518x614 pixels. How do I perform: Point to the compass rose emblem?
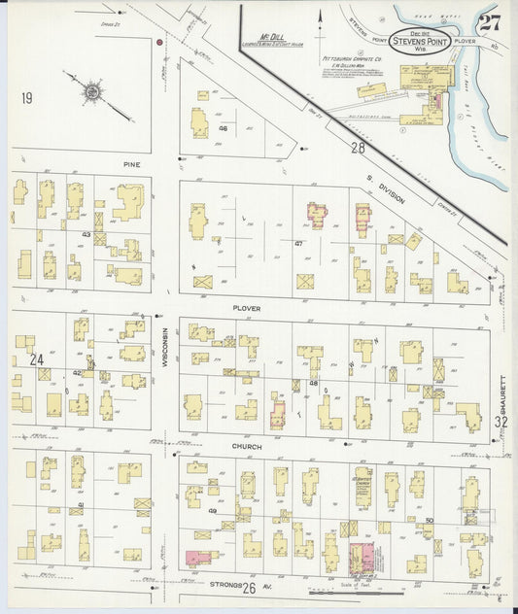(x=92, y=92)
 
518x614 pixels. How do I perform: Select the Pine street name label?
(x=131, y=164)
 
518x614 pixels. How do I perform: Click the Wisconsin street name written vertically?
(x=165, y=347)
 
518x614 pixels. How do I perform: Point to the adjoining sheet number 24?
(x=37, y=358)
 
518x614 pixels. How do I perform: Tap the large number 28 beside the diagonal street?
(x=358, y=147)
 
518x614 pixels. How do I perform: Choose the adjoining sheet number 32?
(x=501, y=422)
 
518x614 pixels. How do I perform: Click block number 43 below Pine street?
(x=86, y=234)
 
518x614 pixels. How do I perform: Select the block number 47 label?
(x=298, y=243)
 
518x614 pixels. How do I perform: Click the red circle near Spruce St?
(x=158, y=42)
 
